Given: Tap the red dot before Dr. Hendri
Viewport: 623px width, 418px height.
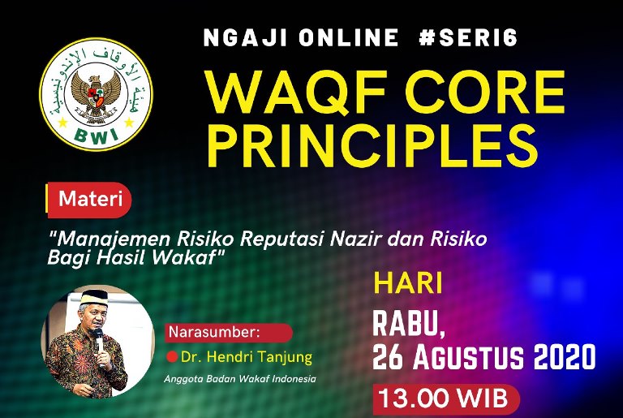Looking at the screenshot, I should point(172,356).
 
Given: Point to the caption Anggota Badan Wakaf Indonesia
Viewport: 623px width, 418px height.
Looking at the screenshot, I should point(239,379).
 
